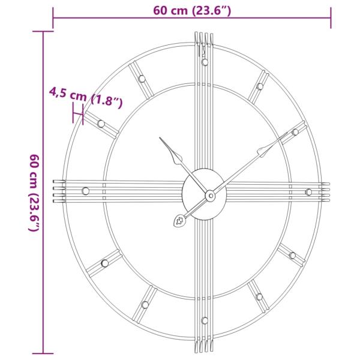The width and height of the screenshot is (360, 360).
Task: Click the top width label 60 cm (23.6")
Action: tap(193, 9)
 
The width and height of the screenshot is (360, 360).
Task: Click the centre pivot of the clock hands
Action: tap(210, 195)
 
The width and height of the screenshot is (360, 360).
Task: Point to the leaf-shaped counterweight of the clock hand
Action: tap(180, 221)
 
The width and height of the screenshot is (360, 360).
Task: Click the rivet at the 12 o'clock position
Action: tap(205, 62)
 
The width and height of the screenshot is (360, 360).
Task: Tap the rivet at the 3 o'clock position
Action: tap(308, 192)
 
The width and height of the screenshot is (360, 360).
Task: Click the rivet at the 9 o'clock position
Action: tap(85, 191)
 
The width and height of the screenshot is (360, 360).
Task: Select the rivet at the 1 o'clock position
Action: tap(260, 86)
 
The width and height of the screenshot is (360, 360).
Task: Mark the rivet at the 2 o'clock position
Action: tap(295, 132)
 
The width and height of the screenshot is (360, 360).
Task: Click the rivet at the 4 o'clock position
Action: tap(292, 255)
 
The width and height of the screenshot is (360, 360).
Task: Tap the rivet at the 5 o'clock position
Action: tap(259, 296)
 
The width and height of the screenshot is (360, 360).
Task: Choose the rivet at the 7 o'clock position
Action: tap(145, 305)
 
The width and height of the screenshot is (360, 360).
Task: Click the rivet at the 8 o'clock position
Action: tap(104, 263)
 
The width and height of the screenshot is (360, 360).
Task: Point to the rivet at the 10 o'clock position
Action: tap(101, 124)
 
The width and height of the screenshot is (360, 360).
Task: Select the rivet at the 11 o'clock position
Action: tap(142, 78)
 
